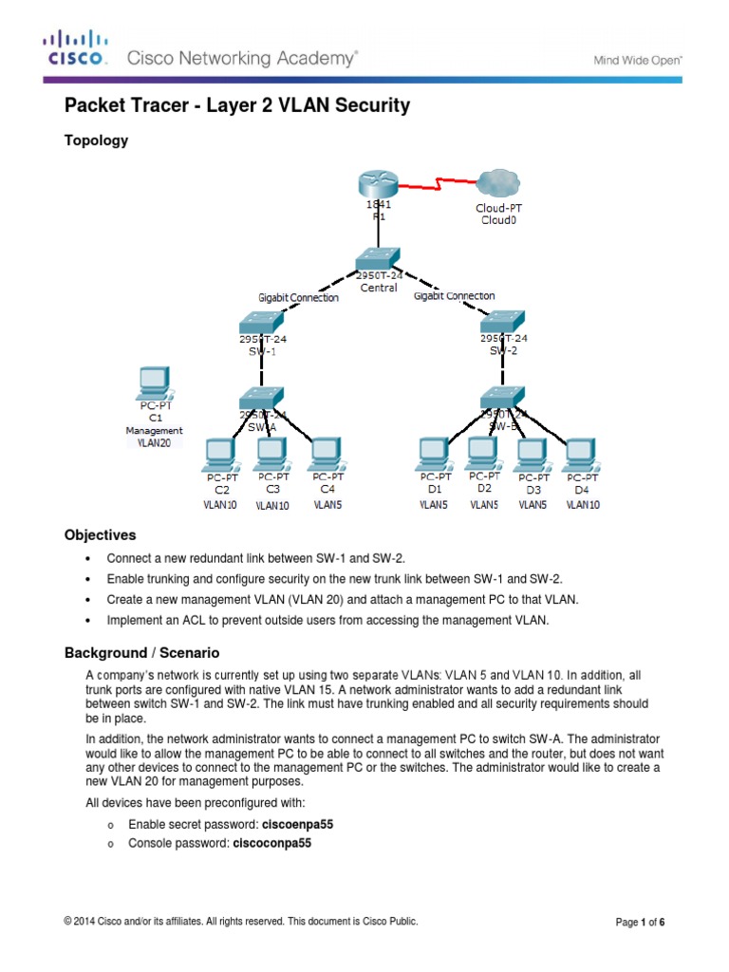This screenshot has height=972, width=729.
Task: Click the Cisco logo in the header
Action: tap(77, 49)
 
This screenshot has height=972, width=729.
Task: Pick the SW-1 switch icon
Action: tap(257, 323)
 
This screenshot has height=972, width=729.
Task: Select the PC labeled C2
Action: tap(221, 454)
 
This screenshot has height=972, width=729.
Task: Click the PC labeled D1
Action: tap(435, 454)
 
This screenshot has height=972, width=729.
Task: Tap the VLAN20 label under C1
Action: tap(153, 442)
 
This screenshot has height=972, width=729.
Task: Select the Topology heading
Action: tap(95, 141)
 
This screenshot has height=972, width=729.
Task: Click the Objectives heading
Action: tap(100, 535)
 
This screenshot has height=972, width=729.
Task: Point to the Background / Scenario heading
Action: tap(141, 653)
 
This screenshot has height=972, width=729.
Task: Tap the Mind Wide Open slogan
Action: tap(638, 60)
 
